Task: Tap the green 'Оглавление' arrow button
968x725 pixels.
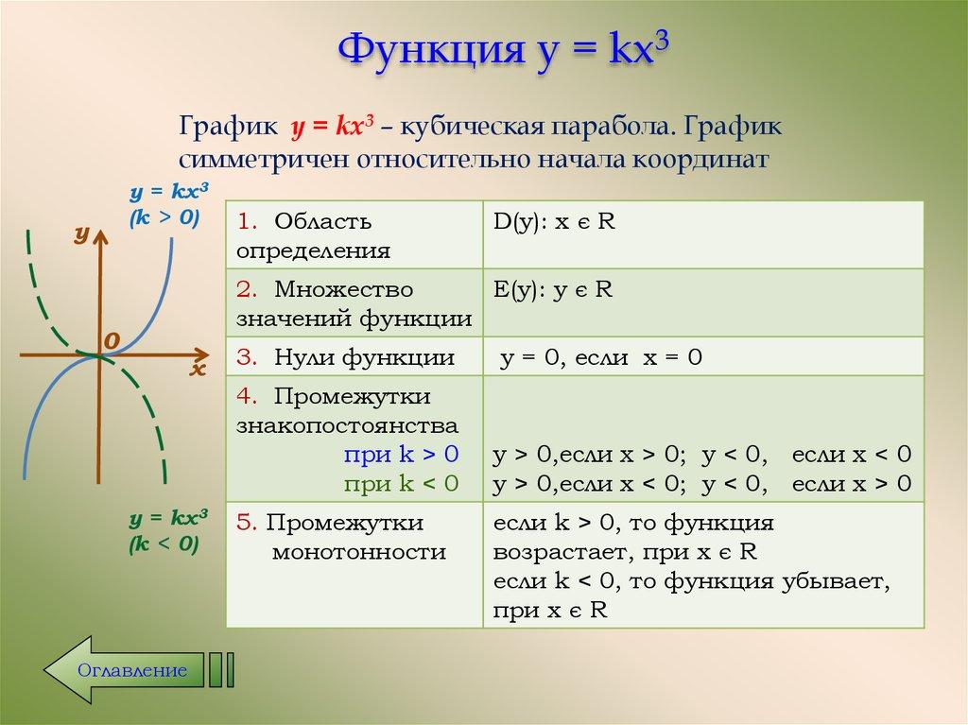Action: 132,670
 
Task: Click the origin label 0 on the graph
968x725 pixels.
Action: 112,339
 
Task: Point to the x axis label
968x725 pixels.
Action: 197,370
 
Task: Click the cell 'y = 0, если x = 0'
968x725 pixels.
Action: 600,357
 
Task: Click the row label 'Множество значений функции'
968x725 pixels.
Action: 354,303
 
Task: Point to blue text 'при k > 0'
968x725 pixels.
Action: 401,455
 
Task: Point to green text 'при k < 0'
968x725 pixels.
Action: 401,484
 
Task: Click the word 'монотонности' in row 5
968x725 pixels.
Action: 358,551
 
